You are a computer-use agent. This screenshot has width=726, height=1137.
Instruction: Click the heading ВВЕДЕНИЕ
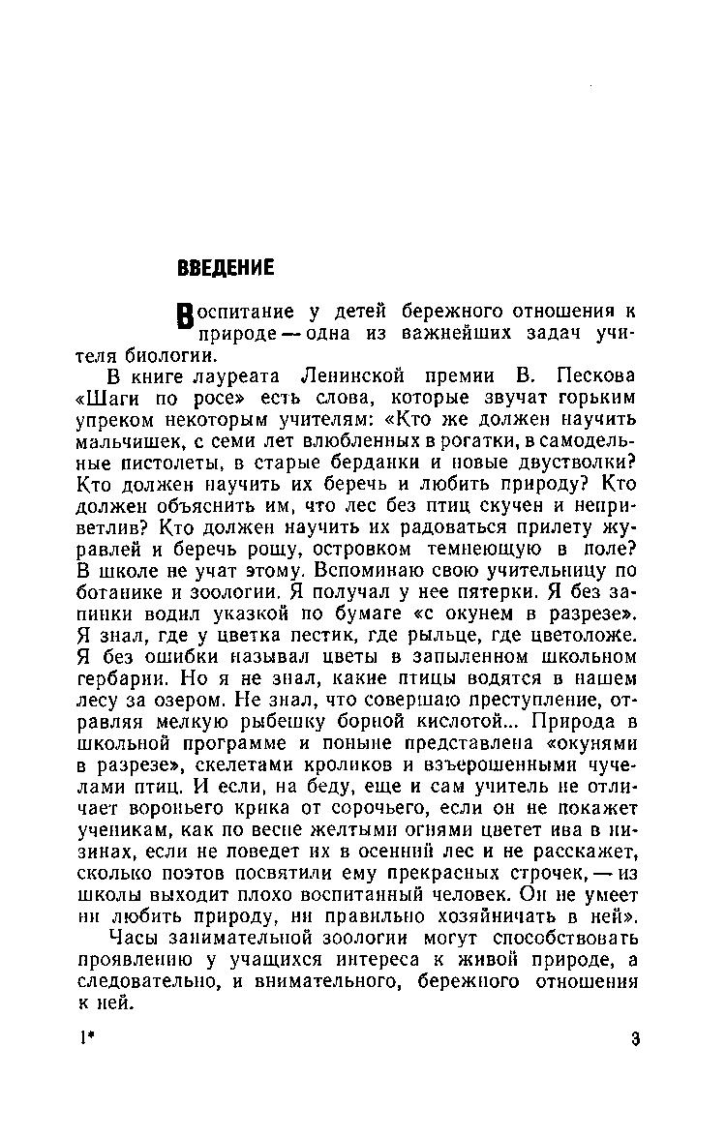226,268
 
